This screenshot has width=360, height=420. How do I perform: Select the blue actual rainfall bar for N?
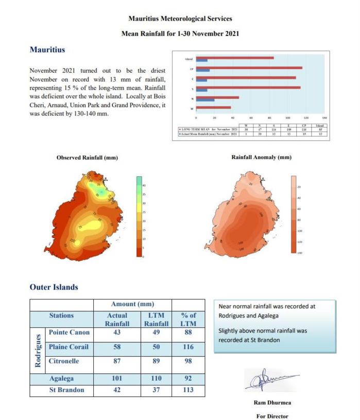(x=205, y=100)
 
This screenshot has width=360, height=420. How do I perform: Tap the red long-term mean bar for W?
(x=213, y=107)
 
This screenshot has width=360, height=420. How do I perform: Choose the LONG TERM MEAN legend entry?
(x=208, y=129)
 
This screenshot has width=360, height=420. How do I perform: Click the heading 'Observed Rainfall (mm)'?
(x=87, y=157)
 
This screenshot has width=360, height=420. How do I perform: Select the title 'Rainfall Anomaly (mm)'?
(x=262, y=157)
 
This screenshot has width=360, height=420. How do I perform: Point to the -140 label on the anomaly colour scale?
(x=300, y=253)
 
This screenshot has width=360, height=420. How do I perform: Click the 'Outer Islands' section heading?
(x=54, y=287)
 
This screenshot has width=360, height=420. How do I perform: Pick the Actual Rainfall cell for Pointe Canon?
(x=116, y=333)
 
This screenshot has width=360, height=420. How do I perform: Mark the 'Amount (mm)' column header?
(x=133, y=304)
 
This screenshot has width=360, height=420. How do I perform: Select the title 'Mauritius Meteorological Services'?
(x=180, y=19)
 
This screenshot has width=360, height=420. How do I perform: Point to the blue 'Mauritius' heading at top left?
(x=47, y=50)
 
